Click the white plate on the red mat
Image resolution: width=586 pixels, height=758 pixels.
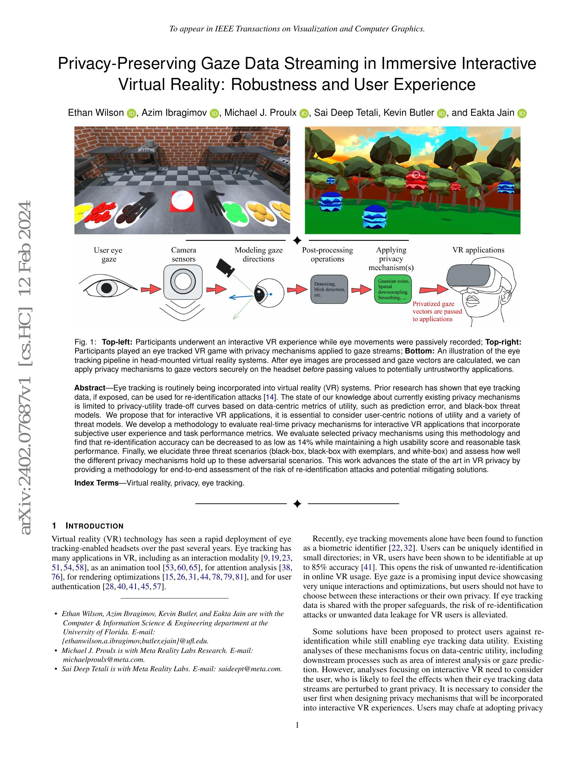[x=182, y=200]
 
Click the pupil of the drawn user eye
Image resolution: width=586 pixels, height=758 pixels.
[x=107, y=288]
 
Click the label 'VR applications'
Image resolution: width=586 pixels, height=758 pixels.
[x=478, y=250]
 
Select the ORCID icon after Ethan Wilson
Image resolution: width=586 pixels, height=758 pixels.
[x=131, y=113]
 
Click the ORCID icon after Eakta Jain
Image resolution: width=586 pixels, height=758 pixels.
[x=522, y=113]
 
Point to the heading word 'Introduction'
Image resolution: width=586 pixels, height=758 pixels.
[x=94, y=526]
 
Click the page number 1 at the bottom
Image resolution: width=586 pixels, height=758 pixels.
[x=297, y=725]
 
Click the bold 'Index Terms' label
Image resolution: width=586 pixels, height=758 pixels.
[x=97, y=483]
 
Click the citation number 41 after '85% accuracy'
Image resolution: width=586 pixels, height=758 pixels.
[x=367, y=567]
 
